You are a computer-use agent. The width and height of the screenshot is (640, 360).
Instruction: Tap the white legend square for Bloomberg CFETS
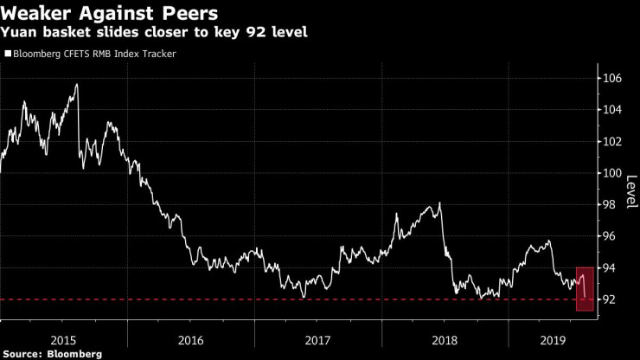point(8,54)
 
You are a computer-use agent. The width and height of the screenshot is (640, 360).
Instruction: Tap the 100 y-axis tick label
point(611,173)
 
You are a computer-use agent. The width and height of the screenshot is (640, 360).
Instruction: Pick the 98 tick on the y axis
point(609,205)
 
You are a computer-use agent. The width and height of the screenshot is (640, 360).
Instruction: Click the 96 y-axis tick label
point(609,236)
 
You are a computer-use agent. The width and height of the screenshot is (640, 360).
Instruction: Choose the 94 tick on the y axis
point(609,268)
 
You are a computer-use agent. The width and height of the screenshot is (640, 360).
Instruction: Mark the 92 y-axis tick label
point(609,300)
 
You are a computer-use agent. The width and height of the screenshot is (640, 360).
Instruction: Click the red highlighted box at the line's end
point(584,288)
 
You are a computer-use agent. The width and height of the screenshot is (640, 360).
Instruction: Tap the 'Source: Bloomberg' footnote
point(51,353)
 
